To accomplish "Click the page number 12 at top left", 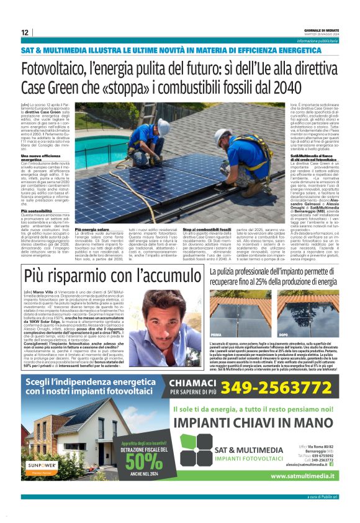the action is click(x=25, y=32).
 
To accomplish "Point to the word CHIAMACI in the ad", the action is click(x=194, y=366).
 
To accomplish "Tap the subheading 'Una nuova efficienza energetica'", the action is click(x=37, y=158).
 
